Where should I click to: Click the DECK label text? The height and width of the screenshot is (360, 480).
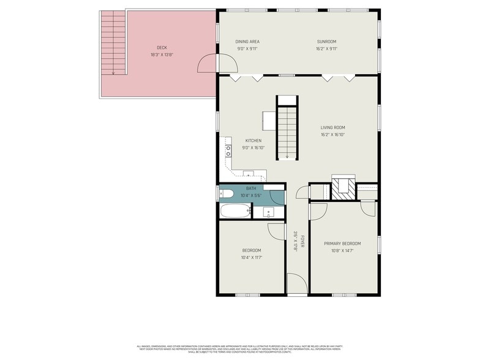[162, 47]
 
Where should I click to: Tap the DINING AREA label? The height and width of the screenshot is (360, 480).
[247, 42]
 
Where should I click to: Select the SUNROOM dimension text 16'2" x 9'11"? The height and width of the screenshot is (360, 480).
[327, 49]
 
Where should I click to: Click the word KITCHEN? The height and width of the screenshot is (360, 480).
[253, 140]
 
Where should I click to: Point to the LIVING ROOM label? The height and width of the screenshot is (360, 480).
[332, 127]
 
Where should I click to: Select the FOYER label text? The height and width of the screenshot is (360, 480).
[302, 234]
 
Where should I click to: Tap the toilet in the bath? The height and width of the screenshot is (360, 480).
[225, 195]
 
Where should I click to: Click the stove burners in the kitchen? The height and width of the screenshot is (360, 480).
[228, 151]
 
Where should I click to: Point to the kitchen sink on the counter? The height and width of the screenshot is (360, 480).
[249, 174]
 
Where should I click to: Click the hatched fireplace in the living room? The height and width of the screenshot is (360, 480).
[343, 189]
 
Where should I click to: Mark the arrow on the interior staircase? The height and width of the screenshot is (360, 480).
[287, 155]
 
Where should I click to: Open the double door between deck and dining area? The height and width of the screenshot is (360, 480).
[219, 63]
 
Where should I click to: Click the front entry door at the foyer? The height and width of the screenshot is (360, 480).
[297, 285]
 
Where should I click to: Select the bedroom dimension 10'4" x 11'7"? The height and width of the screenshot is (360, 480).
[251, 257]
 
